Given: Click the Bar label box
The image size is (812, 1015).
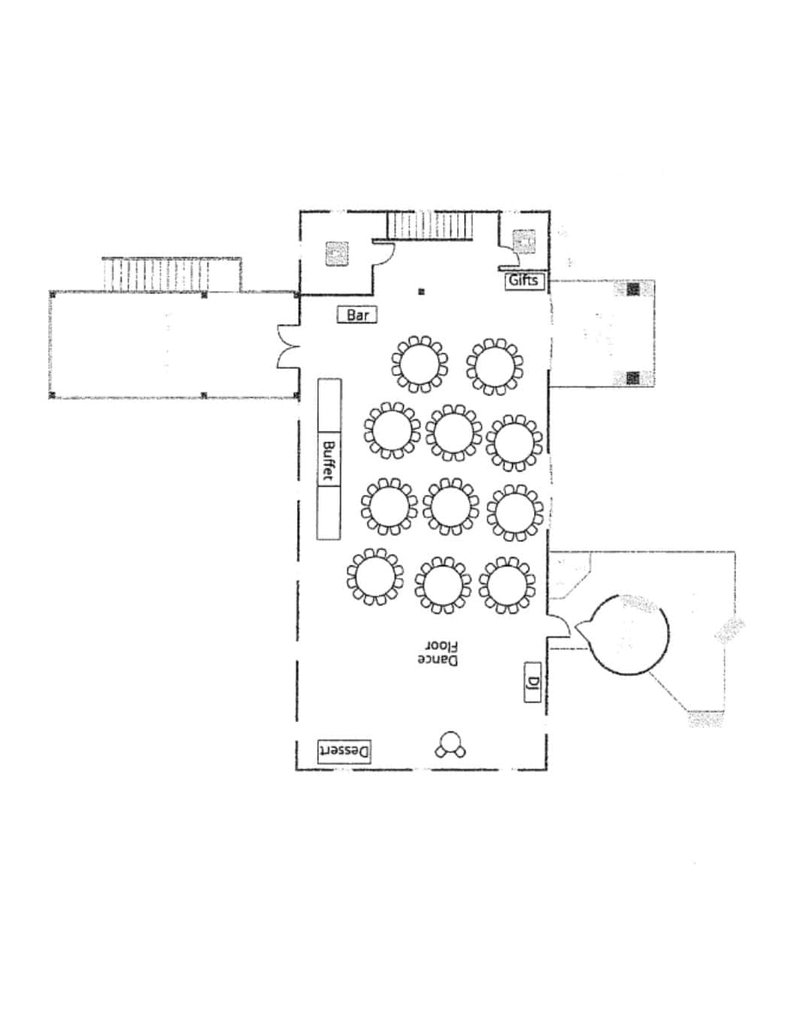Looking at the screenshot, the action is [x=356, y=314].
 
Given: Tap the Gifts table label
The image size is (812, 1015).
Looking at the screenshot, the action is [x=524, y=281].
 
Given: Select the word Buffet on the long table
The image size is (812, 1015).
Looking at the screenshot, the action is [x=329, y=460].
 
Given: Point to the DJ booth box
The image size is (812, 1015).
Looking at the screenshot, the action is [x=532, y=682].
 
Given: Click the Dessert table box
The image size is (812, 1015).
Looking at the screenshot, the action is [x=344, y=751].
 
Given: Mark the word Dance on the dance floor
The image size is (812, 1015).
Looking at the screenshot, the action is [x=438, y=660].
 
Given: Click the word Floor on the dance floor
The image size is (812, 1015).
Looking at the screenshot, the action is [x=441, y=646].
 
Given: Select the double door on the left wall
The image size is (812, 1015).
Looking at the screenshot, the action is [x=288, y=347].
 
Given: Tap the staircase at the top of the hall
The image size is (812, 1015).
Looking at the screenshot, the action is [x=430, y=226].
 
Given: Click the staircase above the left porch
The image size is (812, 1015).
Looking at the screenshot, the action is [x=156, y=274].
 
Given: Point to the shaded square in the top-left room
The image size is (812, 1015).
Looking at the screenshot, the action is [x=337, y=254].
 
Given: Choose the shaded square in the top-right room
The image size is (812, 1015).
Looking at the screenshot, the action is [x=524, y=242].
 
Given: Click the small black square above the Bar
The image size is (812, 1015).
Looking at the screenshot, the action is [x=421, y=292].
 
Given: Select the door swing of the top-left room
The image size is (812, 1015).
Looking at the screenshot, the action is [x=383, y=253].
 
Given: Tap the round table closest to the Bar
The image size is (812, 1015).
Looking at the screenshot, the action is [x=420, y=364].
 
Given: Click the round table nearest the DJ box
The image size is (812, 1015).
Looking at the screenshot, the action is [x=507, y=586].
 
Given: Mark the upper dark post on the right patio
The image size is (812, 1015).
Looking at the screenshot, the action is [x=633, y=289].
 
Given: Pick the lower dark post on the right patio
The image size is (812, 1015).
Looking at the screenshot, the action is [x=633, y=377].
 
